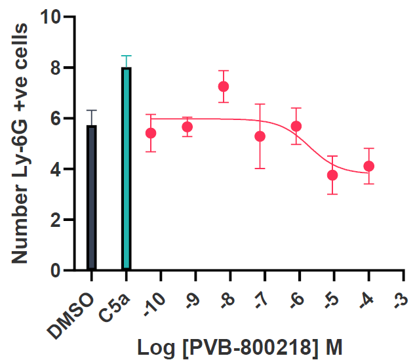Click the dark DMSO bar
92,197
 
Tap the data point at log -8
224,87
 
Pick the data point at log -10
151,133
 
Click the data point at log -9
188,127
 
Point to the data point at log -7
260,136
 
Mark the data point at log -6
296,126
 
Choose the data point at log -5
332,175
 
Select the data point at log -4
369,166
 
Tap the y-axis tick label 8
56,68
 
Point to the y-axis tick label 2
56,220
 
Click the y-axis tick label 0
56,270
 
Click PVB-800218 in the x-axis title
250,346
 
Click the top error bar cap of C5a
127,56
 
